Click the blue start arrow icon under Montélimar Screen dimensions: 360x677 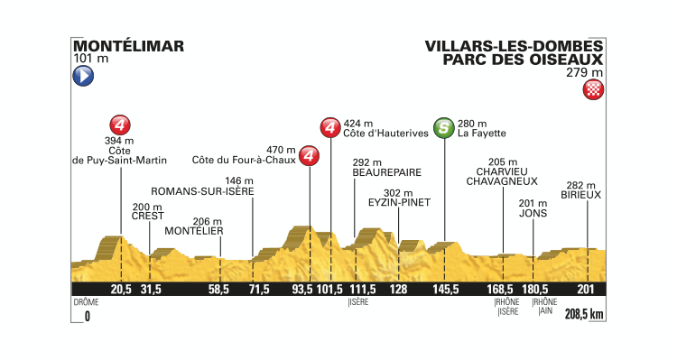pyautogui.click(x=81, y=78)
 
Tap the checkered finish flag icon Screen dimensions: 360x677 pyautogui.click(x=594, y=89)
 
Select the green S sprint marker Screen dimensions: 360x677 pyautogui.click(x=443, y=128)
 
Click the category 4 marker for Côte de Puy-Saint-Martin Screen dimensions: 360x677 pyautogui.click(x=121, y=124)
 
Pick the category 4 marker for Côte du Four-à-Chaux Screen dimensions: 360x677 pyautogui.click(x=310, y=157)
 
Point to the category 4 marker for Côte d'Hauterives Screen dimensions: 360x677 pyautogui.click(x=331, y=128)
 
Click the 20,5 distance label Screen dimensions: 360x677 pyautogui.click(x=121, y=289)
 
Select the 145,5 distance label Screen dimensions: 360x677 pyautogui.click(x=444, y=289)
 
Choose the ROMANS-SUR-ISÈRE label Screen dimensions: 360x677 pyautogui.click(x=201, y=192)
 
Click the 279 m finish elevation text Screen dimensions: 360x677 pyautogui.click(x=588, y=75)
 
